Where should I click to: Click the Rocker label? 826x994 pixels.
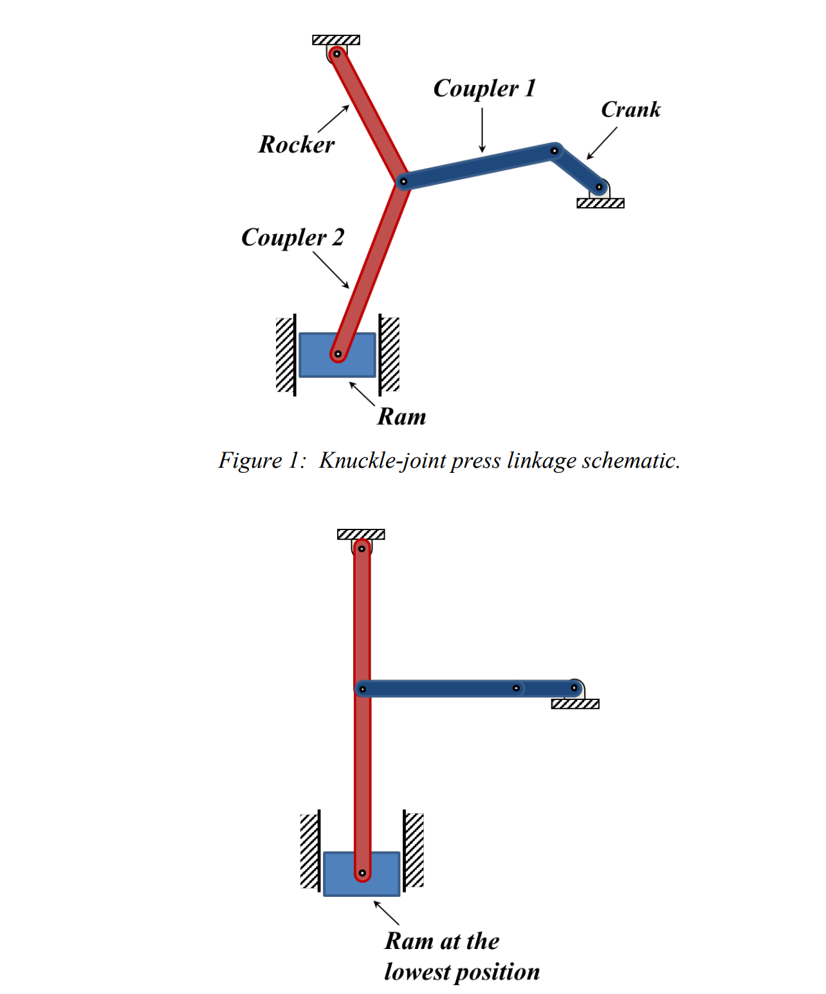pos(297,145)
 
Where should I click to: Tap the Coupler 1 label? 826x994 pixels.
pos(484,88)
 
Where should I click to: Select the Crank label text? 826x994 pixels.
pos(630,110)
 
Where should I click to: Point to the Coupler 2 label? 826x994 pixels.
pos(293,237)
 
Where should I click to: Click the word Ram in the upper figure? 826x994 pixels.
pos(401,417)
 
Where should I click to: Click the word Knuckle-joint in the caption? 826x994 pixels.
pos(382,461)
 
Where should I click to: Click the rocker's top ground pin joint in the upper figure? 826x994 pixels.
pos(336,54)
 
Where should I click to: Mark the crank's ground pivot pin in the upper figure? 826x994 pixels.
pos(599,187)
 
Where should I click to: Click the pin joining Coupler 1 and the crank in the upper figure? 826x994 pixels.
pos(554,151)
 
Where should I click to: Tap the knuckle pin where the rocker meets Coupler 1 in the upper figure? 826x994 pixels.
pos(403,181)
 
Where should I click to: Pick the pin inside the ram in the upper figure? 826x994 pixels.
pos(338,354)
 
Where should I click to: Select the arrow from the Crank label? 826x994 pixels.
pos(601,143)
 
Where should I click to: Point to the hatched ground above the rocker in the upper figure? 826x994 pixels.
pos(336,40)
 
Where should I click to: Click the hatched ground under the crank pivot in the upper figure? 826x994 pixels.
pos(600,203)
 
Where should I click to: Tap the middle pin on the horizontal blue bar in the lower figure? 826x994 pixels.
pos(516,688)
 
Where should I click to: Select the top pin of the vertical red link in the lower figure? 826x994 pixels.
pos(362,549)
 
